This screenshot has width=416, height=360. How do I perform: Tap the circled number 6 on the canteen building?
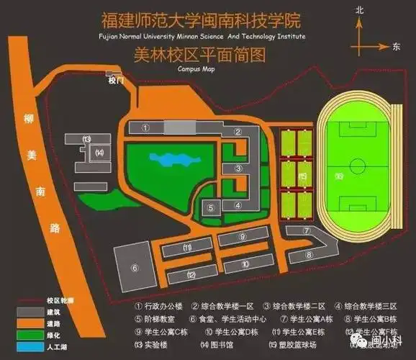click(x=134, y=267)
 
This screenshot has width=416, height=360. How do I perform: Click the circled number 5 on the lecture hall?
click(x=211, y=208)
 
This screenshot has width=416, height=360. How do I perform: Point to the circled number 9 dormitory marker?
click(x=243, y=236)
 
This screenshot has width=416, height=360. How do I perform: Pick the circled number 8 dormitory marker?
click(x=308, y=254)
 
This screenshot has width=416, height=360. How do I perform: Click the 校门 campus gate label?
click(x=115, y=81)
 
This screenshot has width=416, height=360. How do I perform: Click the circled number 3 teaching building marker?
click(x=237, y=168)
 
